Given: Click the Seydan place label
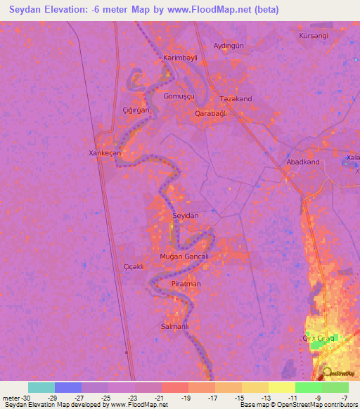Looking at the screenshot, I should [x=186, y=216].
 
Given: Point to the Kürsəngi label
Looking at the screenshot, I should [x=314, y=34].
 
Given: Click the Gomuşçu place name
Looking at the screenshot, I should [x=177, y=96].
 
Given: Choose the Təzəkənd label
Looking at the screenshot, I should [x=236, y=99].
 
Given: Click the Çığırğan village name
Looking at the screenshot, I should [x=136, y=110].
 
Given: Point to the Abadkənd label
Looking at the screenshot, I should [x=303, y=162].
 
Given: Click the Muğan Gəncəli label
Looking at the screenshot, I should [x=184, y=257].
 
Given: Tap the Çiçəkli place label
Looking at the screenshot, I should [x=134, y=267].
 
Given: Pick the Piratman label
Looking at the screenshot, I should [x=186, y=284].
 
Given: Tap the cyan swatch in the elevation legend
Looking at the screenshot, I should [x=41, y=387].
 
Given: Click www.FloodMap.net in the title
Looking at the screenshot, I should [x=219, y=10].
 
